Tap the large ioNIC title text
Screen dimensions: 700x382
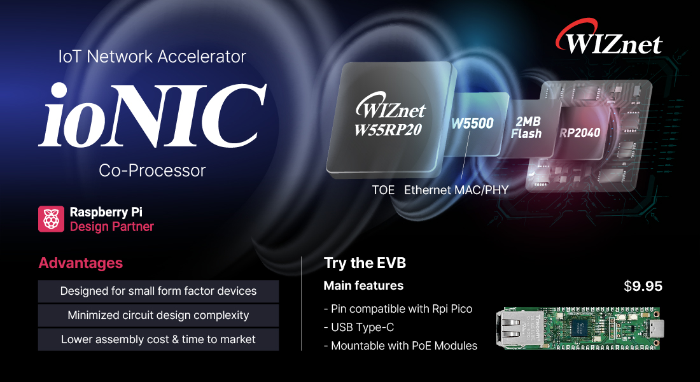pos(153,115)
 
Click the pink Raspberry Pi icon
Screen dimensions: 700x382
pos(51,219)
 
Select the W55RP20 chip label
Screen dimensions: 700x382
pos(388,130)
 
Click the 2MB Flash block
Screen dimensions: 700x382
pos(527,128)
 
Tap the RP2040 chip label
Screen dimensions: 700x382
pos(580,132)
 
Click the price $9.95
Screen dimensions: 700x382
pos(643,286)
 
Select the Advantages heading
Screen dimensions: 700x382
pos(81,263)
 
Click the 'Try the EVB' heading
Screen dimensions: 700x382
pos(365,263)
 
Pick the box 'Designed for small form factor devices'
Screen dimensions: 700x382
pos(158,292)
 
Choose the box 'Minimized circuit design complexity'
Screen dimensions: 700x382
pos(158,315)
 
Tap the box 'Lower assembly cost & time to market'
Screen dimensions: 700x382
pos(158,339)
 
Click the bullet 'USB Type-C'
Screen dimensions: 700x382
pos(359,327)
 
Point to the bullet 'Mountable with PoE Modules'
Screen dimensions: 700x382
pos(400,346)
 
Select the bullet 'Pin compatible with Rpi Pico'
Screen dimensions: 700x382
pos(398,309)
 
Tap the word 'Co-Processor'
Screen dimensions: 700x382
pos(152,171)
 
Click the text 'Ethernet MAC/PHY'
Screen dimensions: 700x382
pos(456,190)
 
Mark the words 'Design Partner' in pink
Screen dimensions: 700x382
pos(111,227)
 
